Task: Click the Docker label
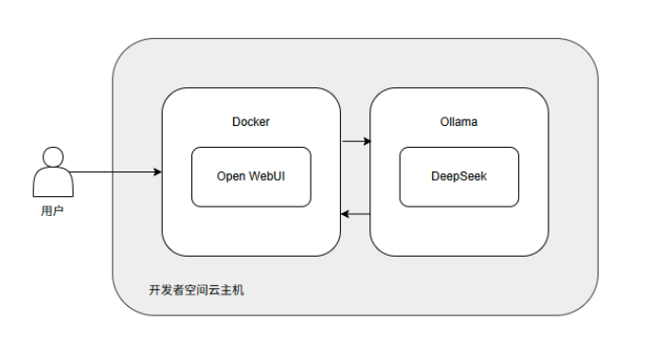coord(251,122)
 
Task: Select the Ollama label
coord(458,122)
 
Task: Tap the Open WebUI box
coord(251,177)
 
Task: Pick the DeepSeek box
coord(459,177)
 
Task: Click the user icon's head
coord(53,157)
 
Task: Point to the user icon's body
coord(53,183)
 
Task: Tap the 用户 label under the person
coord(52,211)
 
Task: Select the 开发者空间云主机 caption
coord(196,290)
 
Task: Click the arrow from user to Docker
coord(116,172)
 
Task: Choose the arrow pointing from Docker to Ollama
coord(356,141)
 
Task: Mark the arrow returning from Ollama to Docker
coord(355,214)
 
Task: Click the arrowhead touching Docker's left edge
coord(158,172)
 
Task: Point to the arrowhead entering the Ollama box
coord(368,141)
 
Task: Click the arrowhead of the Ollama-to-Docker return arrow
coord(345,214)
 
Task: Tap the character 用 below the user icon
coord(46,211)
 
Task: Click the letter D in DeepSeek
coord(435,176)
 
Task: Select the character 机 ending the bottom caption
coord(239,290)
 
